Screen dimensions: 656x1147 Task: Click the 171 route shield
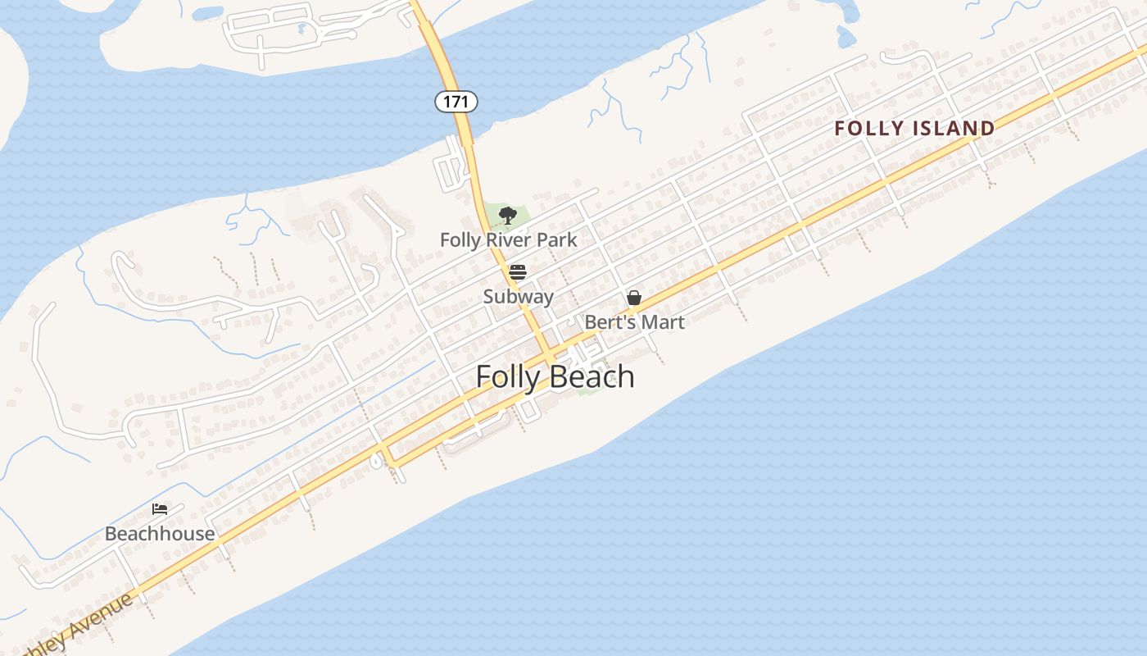pos(456,102)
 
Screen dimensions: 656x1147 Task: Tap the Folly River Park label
pos(508,240)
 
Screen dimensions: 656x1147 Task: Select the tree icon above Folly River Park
pos(508,216)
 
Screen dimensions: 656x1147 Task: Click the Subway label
pos(518,297)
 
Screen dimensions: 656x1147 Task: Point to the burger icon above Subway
pos(517,271)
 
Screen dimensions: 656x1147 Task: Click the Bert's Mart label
pos(634,322)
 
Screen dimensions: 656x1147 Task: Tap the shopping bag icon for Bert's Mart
pos(634,298)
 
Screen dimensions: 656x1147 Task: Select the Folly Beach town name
pos(555,376)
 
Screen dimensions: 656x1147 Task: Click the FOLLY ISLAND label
pos(914,129)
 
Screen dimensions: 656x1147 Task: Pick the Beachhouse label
pos(160,534)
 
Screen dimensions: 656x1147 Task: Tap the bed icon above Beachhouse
pos(160,509)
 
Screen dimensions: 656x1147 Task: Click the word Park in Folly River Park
pos(557,240)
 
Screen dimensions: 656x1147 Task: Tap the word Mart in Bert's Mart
pos(663,322)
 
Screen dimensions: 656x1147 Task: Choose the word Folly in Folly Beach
pos(505,376)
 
